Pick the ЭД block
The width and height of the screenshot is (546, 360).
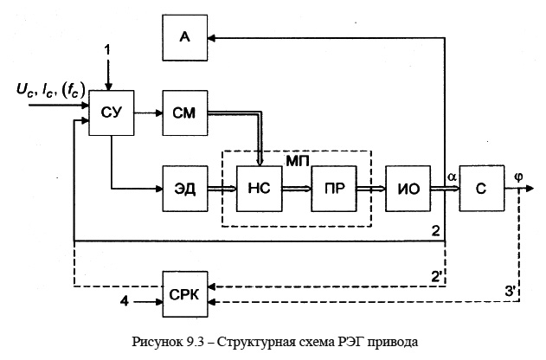[x=184, y=190]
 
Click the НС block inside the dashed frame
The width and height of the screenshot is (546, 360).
[x=259, y=190]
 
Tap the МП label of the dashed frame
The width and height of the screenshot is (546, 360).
[x=298, y=162]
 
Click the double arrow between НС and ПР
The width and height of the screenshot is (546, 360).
[x=296, y=190]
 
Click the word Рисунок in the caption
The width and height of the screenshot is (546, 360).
[x=151, y=341]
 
